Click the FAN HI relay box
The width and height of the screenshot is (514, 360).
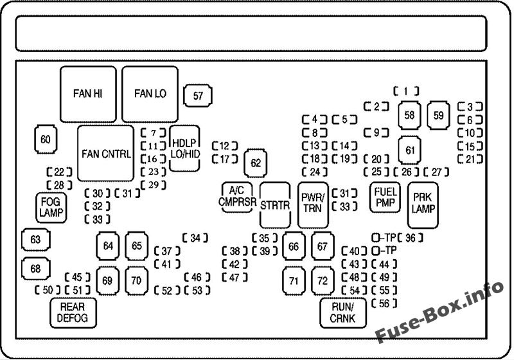coord(87,94)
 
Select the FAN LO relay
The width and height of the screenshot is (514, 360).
coord(150,94)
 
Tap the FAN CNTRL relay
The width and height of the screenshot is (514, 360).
coord(106,154)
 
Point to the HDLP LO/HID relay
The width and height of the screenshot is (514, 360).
coord(184,147)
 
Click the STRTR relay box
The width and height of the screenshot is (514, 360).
coord(276,205)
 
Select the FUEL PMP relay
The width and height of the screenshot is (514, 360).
coord(385,197)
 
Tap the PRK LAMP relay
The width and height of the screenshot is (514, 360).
coord(423,204)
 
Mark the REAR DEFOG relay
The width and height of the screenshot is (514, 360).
coord(73,312)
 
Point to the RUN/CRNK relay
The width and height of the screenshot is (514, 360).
coord(342,312)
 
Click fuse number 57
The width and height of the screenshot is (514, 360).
coord(198,96)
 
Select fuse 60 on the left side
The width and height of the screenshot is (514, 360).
coord(46,139)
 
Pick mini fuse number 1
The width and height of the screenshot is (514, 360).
coord(406,91)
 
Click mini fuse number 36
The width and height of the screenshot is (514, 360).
coord(411,238)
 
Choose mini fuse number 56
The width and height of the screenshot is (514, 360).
coord(384,303)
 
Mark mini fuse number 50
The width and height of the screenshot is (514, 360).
coord(47,291)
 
